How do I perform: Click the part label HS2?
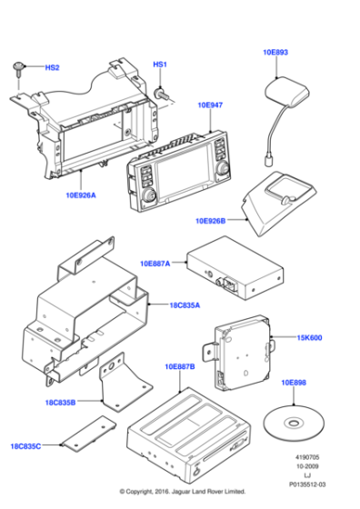click(x=52, y=68)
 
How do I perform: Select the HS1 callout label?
click(x=159, y=65)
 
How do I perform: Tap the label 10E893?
click(x=275, y=54)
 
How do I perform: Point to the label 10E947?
click(x=210, y=105)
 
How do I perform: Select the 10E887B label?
click(x=179, y=366)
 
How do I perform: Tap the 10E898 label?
click(x=294, y=384)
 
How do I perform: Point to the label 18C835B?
click(x=61, y=401)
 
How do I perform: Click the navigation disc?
click(x=291, y=423)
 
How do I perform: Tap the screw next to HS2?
click(x=19, y=68)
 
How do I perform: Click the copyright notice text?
click(x=180, y=502)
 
